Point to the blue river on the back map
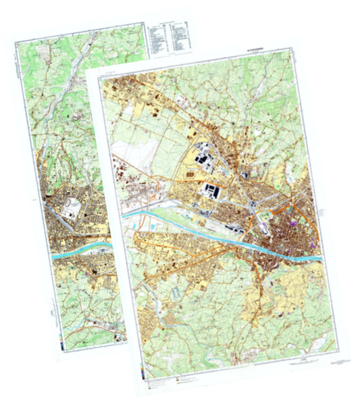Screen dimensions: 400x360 pos(81,250)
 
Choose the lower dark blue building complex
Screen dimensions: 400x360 pos(213,191)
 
